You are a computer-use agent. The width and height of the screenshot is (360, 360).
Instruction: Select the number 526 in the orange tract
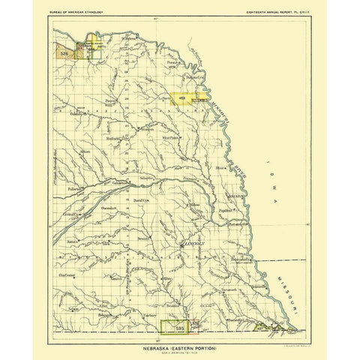(x=64, y=54)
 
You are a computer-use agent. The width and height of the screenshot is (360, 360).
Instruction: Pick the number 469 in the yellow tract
(x=181, y=97)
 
